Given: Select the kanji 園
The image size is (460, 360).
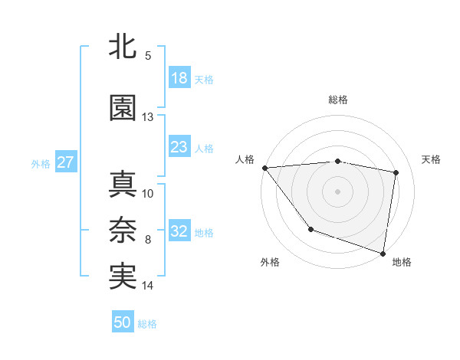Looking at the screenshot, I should tap(123, 108).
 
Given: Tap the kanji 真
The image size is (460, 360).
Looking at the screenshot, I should tap(123, 185).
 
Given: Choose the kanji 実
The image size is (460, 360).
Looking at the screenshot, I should tap(123, 277).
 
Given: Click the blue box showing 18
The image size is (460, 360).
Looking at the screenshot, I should tap(179, 78).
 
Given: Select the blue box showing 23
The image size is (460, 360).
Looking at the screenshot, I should tap(179, 147).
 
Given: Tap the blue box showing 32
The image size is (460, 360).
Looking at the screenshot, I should tap(179, 231).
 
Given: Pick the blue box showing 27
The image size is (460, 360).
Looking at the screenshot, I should tap(65, 162).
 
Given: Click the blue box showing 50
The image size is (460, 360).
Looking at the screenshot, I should tap(123, 322).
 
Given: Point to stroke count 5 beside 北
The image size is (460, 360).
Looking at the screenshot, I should tap(148, 56).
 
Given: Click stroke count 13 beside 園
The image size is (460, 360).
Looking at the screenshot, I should tap(148, 117).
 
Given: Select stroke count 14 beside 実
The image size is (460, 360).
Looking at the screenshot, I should tap(148, 286).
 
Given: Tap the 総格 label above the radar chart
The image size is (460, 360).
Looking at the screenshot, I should tap(338, 100).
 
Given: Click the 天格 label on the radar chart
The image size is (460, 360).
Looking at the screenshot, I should tap(431, 159).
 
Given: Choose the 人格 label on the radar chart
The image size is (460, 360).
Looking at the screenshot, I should tap(245, 159).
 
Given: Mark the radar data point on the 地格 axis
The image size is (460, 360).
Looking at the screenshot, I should tap(383, 253).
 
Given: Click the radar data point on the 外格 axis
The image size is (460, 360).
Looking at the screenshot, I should tap(310, 228).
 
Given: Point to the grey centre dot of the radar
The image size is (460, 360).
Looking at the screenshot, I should tap(338, 191).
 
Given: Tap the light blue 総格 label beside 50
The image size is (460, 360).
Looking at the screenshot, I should tap(148, 324).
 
